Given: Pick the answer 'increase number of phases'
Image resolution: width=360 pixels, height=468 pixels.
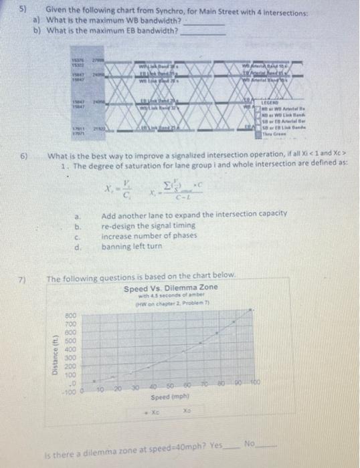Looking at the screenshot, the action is coord(143,236).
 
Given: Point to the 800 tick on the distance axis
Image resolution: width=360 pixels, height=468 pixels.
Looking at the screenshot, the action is coord(70,313).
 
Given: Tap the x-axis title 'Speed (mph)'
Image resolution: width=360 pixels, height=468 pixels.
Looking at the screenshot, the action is coord(163,396).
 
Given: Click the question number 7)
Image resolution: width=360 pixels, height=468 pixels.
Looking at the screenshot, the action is coord(21,275).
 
